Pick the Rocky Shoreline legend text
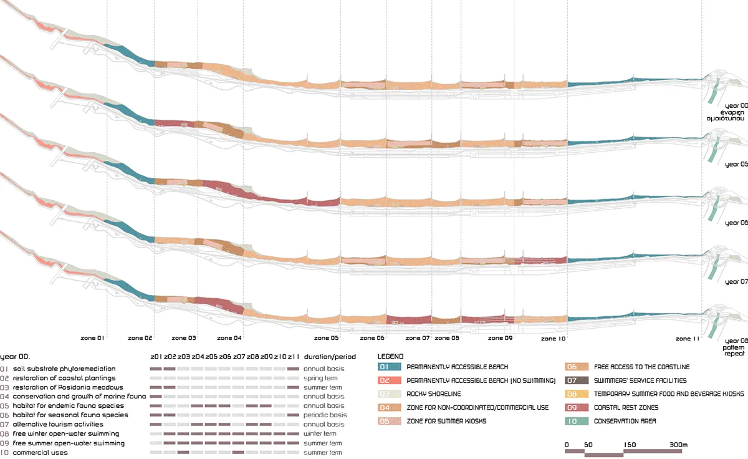point(434,394)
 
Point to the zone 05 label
point(326,338)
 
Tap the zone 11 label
point(688,338)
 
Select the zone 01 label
point(92,338)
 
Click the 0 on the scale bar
point(567,444)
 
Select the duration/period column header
point(329,357)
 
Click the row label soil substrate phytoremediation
point(64,369)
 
